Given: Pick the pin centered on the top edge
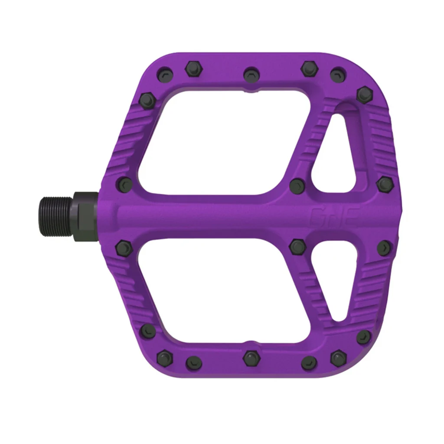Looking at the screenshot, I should pyautogui.click(x=251, y=73).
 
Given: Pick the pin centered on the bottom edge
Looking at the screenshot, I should pyautogui.click(x=251, y=358).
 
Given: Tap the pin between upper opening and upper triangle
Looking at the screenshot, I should pyautogui.click(x=298, y=186).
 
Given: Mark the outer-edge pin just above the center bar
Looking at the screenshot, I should pyautogui.click(x=385, y=184).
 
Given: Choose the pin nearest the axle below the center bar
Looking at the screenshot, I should pyautogui.click(x=123, y=248).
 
